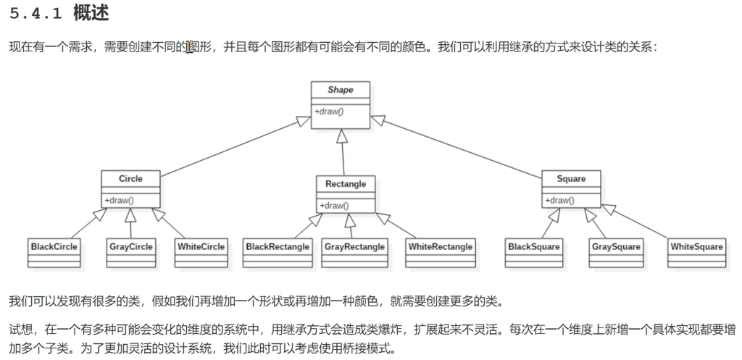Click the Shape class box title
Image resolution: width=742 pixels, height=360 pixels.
(340, 90)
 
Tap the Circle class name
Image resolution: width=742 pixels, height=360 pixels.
(130, 178)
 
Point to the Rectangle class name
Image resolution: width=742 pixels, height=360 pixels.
(345, 184)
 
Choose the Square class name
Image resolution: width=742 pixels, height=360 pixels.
(571, 178)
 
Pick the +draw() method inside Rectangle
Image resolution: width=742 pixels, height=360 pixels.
(334, 205)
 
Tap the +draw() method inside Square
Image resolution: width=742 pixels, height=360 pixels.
(559, 200)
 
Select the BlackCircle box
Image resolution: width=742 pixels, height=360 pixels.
(54, 246)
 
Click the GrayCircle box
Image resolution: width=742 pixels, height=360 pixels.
(130, 246)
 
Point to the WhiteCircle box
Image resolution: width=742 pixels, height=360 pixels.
(201, 246)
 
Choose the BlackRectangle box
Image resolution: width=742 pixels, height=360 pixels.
(278, 246)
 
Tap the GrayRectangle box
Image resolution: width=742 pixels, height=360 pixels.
(354, 246)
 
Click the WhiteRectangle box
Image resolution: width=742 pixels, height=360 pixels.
(440, 246)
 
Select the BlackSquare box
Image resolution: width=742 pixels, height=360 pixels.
(534, 246)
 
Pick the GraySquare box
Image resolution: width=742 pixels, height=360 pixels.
(616, 246)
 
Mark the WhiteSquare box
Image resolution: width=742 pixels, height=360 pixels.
(696, 246)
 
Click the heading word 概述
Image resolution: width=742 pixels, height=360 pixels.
(91, 14)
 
